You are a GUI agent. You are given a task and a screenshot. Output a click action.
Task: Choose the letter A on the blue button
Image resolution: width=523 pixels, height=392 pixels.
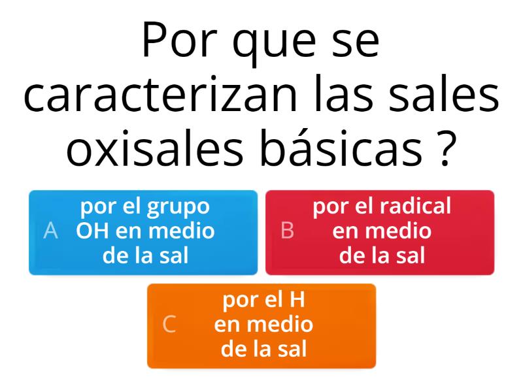pos(50,231)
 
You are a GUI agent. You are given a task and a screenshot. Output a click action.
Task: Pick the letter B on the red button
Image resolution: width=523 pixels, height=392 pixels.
pos(286,231)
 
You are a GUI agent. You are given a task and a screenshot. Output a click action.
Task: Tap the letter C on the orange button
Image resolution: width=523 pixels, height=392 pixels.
pos(169,325)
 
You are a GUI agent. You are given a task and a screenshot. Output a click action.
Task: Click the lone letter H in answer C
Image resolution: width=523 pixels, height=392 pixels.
pos(298,300)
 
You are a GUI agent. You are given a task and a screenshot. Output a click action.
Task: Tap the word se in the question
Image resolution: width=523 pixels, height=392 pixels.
pos(357,42)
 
